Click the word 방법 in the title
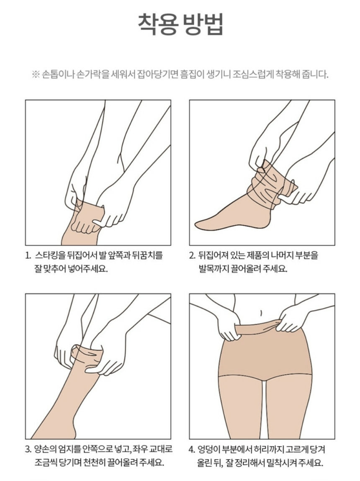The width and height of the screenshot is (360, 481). click(202, 24)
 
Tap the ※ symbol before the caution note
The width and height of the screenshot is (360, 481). click(36, 75)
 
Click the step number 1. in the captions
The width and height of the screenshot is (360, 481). click(28, 255)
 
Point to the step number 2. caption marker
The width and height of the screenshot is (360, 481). click(192, 255)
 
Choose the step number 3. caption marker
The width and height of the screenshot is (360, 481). click(28, 450)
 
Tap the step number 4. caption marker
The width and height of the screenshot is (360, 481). click(192, 450)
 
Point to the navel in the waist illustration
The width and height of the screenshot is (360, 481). click(261, 313)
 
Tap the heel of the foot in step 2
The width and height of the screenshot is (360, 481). click(267, 221)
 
